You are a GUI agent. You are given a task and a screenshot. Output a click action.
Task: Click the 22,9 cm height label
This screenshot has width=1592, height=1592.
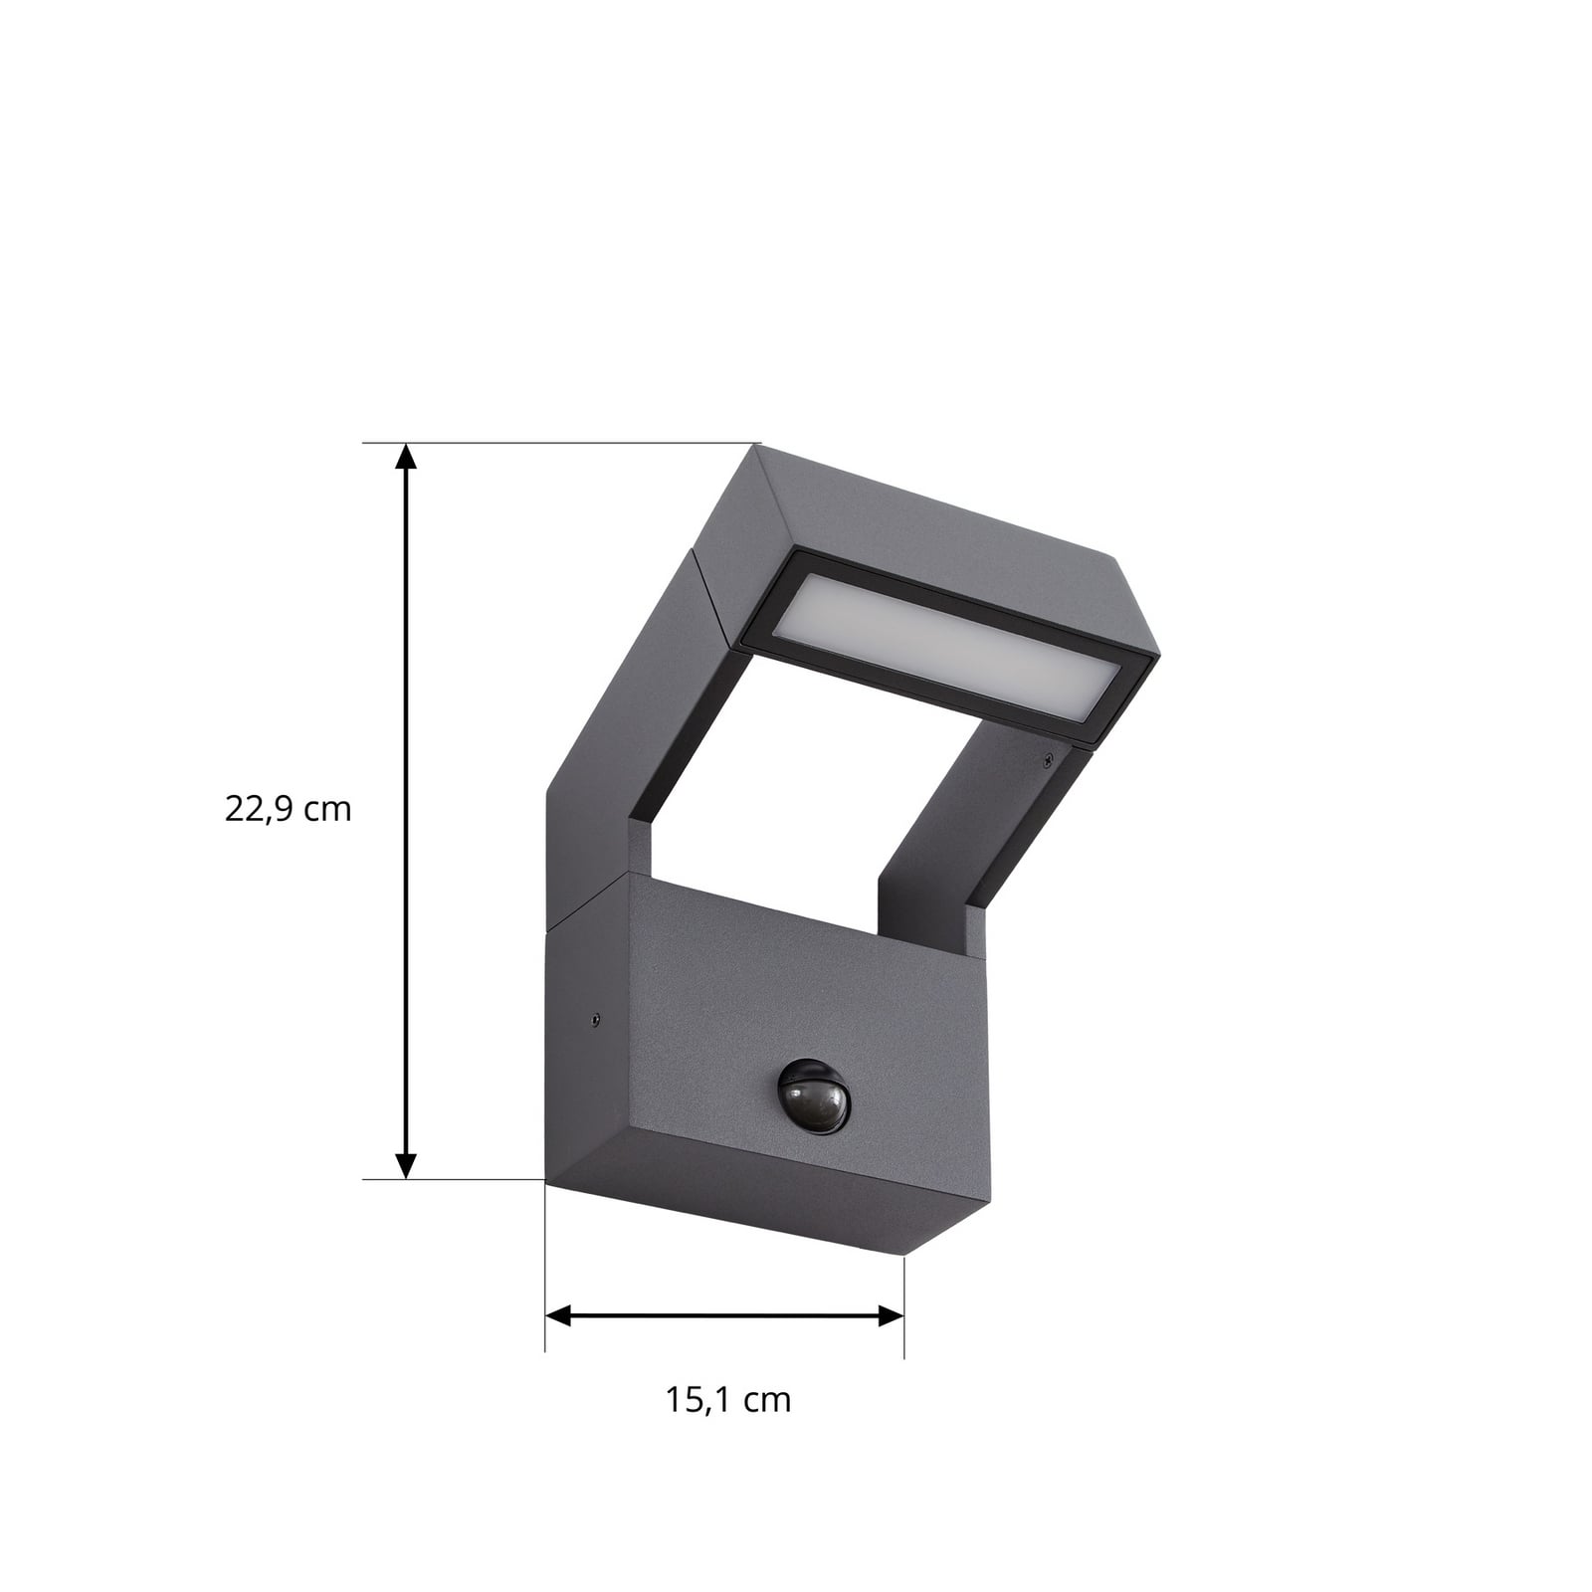coord(289,809)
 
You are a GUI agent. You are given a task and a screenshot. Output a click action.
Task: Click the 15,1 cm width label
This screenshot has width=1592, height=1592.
coord(727,1400)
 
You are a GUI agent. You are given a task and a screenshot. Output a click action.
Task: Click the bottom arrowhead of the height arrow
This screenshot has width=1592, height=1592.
coord(405,1164)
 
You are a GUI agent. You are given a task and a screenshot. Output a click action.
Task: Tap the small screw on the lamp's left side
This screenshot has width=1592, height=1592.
coord(594,1019)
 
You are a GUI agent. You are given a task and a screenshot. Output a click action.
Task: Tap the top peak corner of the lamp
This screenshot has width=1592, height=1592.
coord(759,447)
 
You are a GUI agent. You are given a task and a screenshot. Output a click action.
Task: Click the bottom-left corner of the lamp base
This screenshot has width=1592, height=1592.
coord(546,1181)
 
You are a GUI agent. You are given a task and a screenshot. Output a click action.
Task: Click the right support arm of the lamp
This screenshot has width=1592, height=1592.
coord(955,816)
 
